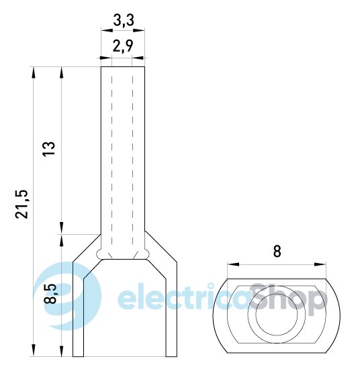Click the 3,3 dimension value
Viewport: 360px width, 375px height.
pyautogui.click(x=123, y=20)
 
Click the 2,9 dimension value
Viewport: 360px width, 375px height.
pyautogui.click(x=123, y=46)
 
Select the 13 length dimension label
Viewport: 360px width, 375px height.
pyautogui.click(x=48, y=149)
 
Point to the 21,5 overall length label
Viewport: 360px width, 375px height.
pyautogui.click(x=21, y=204)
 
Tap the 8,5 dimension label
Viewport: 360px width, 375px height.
pyautogui.click(x=50, y=293)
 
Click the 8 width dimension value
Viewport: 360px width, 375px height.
pyautogui.click(x=277, y=252)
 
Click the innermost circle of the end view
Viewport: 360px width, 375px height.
pyautogui.click(x=277, y=315)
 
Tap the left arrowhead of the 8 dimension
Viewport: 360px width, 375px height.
pyautogui.click(x=233, y=264)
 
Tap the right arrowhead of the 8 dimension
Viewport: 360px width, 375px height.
pyautogui.click(x=320, y=264)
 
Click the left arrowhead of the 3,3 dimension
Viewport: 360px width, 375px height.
pyautogui.click(x=107, y=30)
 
